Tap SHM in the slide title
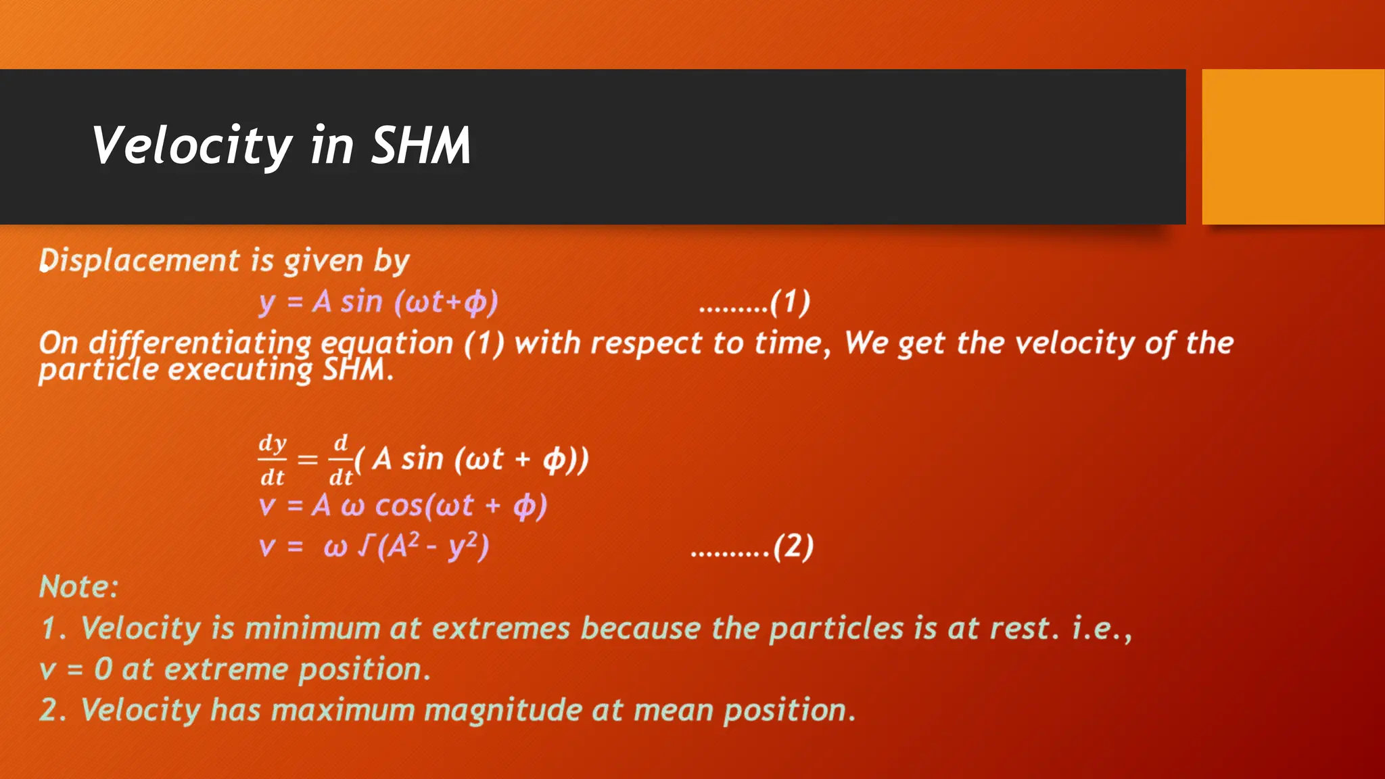[x=421, y=146]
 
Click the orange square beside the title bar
[x=1292, y=146]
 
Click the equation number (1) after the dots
[x=790, y=302]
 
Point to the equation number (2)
[x=793, y=547]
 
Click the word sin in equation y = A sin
[x=362, y=302]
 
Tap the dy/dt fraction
[x=273, y=460]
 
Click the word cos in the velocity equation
[x=400, y=506]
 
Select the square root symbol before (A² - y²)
[x=366, y=547]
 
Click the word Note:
[x=78, y=587]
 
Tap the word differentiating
[x=199, y=344]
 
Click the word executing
[x=240, y=371]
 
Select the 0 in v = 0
[x=103, y=669]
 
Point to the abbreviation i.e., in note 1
[x=1101, y=629]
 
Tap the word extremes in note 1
[x=501, y=629]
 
